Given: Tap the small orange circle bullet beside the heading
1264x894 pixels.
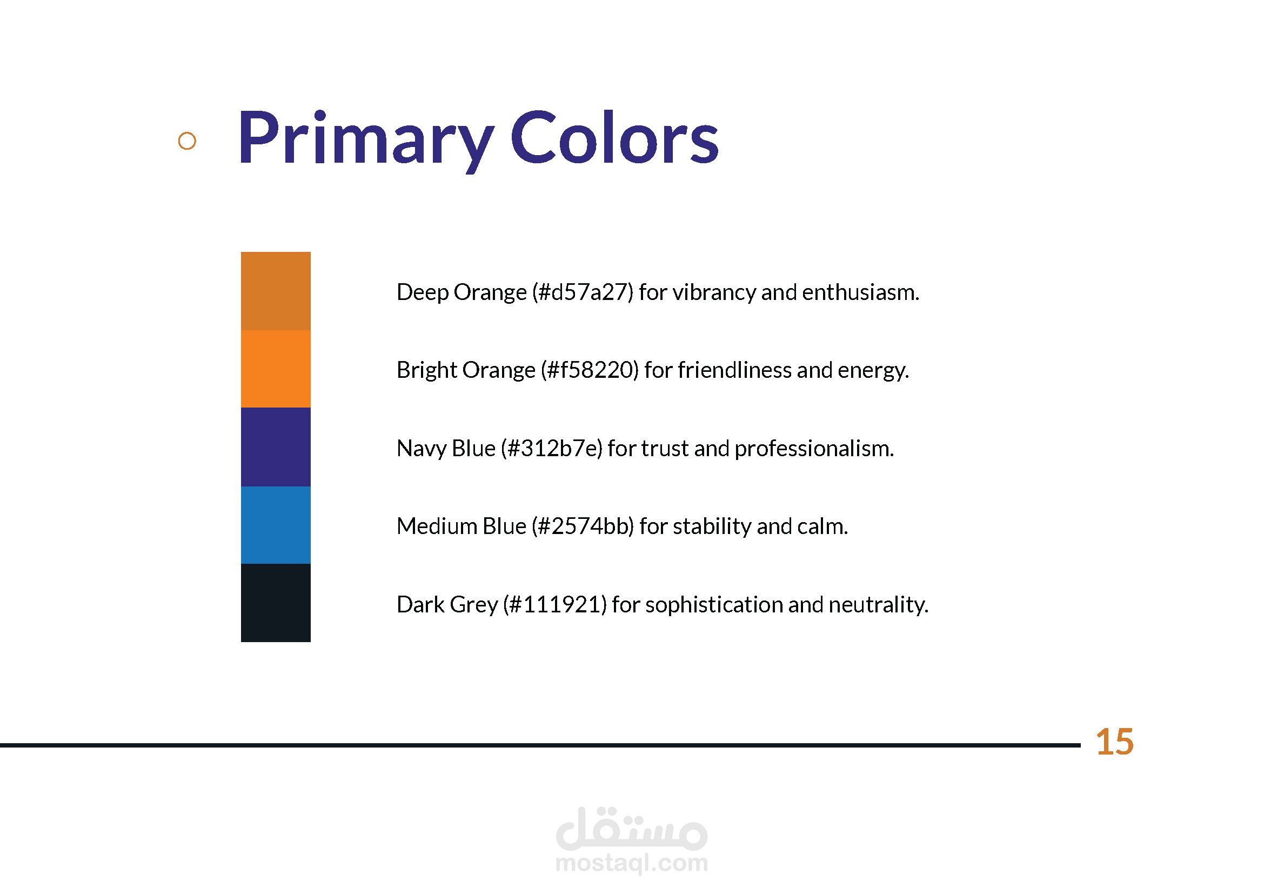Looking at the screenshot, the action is click(187, 141).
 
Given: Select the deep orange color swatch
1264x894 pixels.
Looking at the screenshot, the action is click(276, 291).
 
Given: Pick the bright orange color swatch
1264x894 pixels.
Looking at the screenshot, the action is click(276, 369).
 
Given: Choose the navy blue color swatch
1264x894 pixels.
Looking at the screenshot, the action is click(276, 447).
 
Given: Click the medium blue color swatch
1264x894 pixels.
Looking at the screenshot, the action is click(276, 525).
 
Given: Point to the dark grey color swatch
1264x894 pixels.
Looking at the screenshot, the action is click(276, 603).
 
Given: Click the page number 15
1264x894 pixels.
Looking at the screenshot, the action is click(1115, 742).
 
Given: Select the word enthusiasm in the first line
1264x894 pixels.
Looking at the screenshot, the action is click(860, 292).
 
